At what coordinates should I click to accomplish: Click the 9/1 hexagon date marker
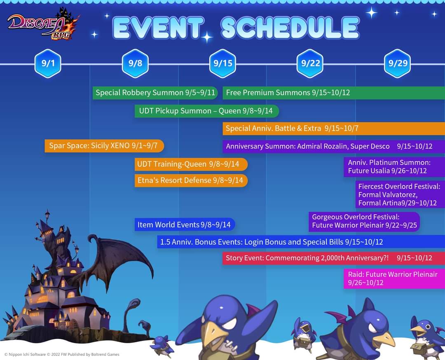[x=48, y=63]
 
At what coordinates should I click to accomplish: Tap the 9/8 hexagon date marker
[x=135, y=63]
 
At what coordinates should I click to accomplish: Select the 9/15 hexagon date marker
[x=222, y=63]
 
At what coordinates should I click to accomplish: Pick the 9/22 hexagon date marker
[x=310, y=63]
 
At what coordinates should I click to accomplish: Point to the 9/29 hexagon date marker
[x=398, y=63]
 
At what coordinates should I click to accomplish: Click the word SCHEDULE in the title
[x=290, y=28]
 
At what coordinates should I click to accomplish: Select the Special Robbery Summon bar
[x=155, y=93]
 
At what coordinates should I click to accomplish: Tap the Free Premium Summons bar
[x=333, y=93]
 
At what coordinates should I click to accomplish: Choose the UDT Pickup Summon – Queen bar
[x=206, y=111]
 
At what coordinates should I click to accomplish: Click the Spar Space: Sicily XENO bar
[x=104, y=145]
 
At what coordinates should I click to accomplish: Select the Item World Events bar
[x=185, y=224]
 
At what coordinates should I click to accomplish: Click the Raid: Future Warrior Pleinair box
[x=394, y=278]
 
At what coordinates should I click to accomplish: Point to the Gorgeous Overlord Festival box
[x=364, y=221]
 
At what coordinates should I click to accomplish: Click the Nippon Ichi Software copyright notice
[x=62, y=354]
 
